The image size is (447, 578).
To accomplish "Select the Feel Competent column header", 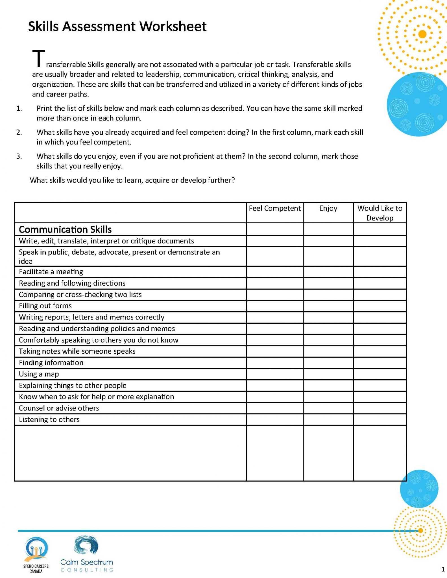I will pyautogui.click(x=274, y=208).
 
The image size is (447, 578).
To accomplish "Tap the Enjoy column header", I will pyautogui.click(x=328, y=208).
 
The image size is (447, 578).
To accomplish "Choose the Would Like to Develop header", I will pyautogui.click(x=380, y=213).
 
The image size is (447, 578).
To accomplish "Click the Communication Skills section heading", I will pyautogui.click(x=65, y=229).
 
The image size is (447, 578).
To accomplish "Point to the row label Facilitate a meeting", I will pyautogui.click(x=51, y=272).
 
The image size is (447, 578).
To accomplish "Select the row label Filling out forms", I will pyautogui.click(x=45, y=306).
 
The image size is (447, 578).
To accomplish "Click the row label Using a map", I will pyautogui.click(x=39, y=374).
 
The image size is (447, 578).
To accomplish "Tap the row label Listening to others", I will pyautogui.click(x=49, y=419).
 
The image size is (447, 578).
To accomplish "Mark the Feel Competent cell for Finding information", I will pyautogui.click(x=274, y=363).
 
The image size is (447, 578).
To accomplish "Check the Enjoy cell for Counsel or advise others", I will pyautogui.click(x=328, y=408).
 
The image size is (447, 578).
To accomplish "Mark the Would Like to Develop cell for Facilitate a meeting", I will pyautogui.click(x=380, y=272).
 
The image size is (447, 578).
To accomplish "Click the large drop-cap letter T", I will pyautogui.click(x=38, y=59).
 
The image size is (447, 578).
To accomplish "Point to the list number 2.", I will pyautogui.click(x=19, y=132).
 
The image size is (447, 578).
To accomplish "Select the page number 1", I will pyautogui.click(x=443, y=569).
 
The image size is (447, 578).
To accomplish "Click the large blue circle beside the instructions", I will pyautogui.click(x=417, y=104).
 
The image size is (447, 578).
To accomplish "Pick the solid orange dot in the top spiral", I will pyautogui.click(x=422, y=34).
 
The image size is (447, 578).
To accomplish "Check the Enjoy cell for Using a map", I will pyautogui.click(x=328, y=374).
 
